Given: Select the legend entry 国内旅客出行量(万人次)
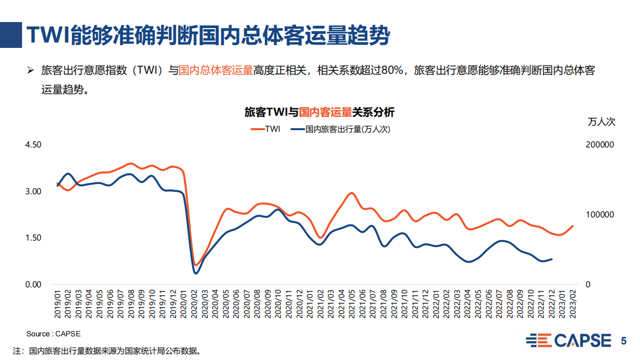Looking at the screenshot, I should (339, 129).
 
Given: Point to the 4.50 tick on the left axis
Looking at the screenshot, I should (33, 145).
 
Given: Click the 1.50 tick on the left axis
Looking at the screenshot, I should (33, 238).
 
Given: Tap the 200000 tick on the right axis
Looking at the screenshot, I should (600, 145).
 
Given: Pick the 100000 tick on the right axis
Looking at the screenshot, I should (600, 215).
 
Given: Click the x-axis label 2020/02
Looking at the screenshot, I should (195, 305).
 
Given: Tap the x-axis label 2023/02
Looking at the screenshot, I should (573, 305).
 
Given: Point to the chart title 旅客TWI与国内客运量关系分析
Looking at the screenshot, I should (319, 112).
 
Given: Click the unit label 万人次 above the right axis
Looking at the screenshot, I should (601, 122).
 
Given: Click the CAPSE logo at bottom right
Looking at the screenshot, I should (568, 341).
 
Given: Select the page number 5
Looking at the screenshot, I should (624, 341).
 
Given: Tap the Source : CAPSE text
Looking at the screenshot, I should (53, 334).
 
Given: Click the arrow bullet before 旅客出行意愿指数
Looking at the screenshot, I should (31, 71).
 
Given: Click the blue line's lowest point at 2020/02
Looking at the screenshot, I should (196, 273).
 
